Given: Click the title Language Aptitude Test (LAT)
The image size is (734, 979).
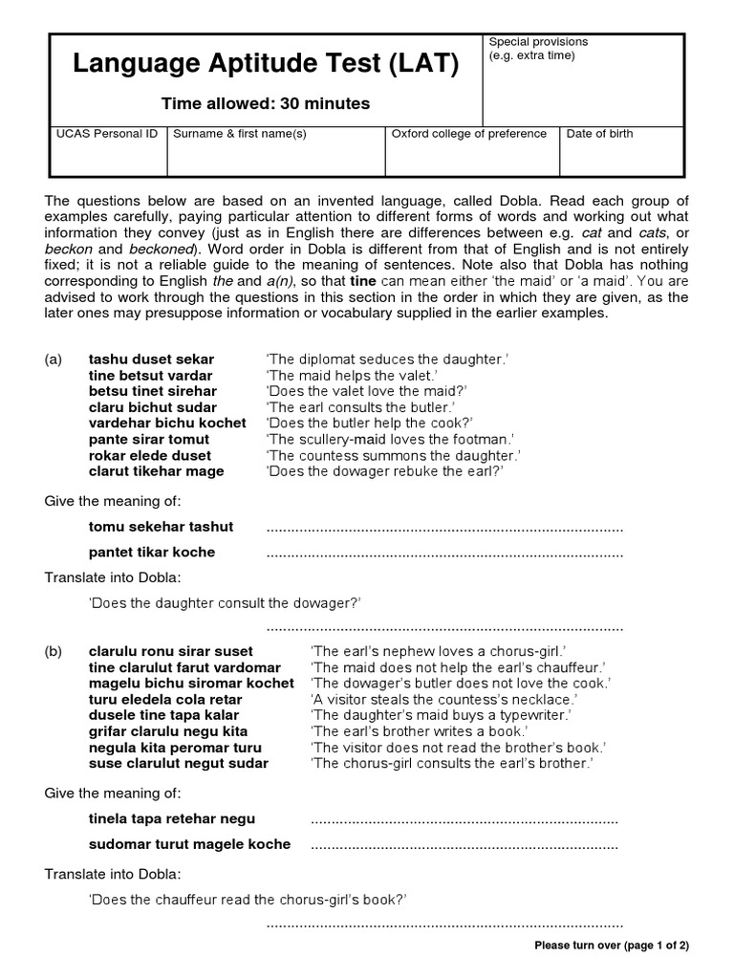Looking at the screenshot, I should pos(266,65).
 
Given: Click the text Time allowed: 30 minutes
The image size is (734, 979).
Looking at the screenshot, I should pos(265,104).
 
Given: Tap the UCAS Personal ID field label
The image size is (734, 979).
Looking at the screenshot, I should pos(107,134).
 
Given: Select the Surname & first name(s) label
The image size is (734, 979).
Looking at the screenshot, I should pos(239,134).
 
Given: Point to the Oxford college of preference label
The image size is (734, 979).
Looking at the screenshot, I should pos(469,134).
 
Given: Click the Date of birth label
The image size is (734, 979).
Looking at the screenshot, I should pos(599,134).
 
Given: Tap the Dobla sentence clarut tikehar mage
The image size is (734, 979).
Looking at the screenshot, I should pos(157,471).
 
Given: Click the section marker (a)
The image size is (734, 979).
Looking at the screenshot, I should pos(54,359).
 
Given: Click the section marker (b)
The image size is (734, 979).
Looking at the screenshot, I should pos(54,651).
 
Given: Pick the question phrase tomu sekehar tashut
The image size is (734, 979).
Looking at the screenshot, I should pos(161,527).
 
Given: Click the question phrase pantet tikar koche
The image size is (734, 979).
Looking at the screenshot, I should pos(152,552).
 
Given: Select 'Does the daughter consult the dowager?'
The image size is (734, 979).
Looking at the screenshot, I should pos(225,602).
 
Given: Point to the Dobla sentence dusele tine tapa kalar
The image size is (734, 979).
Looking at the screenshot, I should pos(163,715).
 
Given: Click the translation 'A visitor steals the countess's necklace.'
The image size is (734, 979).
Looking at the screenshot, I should pos(444,699).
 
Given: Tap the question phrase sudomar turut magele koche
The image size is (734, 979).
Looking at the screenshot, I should pos(189,844).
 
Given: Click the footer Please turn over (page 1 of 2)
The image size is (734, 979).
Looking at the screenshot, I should pos(612,946).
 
